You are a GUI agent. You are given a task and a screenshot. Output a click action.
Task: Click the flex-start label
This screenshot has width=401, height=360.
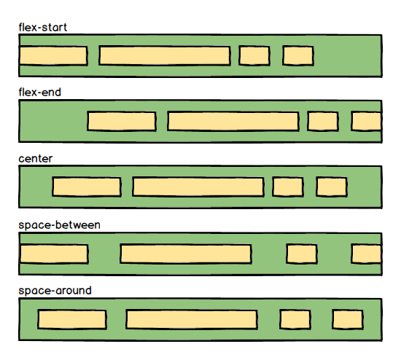pyautogui.click(x=43, y=28)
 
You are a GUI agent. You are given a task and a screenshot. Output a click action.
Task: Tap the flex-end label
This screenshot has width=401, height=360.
pyautogui.click(x=40, y=93)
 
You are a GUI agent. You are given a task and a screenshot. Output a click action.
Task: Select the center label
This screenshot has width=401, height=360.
pyautogui.click(x=36, y=159)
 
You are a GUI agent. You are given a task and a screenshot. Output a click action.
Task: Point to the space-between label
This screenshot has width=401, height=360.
pyautogui.click(x=59, y=225)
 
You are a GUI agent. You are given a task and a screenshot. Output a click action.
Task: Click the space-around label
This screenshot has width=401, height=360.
pyautogui.click(x=55, y=291)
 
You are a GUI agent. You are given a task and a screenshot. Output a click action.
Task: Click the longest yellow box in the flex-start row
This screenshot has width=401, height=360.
pyautogui.click(x=165, y=55)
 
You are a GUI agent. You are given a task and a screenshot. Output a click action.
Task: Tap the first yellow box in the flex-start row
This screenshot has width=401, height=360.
pyautogui.click(x=53, y=55)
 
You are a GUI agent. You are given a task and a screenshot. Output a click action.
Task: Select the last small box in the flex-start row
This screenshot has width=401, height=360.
pyautogui.click(x=298, y=55)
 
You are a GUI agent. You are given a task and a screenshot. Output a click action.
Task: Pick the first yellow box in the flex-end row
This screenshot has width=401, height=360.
pyautogui.click(x=122, y=122)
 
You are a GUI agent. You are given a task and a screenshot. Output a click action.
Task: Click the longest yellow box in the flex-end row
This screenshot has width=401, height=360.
pyautogui.click(x=233, y=122)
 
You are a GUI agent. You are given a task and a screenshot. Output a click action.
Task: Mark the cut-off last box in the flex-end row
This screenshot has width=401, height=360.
pyautogui.click(x=367, y=122)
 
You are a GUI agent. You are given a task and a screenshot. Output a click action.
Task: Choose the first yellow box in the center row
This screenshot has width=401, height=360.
pyautogui.click(x=87, y=187)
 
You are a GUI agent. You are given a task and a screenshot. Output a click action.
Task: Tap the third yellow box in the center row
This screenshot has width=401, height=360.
pyautogui.click(x=288, y=187)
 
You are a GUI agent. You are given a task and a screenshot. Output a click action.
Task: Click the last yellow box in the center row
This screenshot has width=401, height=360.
pyautogui.click(x=332, y=187)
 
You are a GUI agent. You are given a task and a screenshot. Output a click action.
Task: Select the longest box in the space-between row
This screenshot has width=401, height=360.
pyautogui.click(x=186, y=254)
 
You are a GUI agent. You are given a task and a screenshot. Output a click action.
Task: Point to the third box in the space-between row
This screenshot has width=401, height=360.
pyautogui.click(x=302, y=254)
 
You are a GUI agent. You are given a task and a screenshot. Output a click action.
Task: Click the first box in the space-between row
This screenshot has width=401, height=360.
pyautogui.click(x=54, y=254)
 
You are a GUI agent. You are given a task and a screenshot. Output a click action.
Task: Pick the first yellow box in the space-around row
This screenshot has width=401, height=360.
pyautogui.click(x=72, y=320)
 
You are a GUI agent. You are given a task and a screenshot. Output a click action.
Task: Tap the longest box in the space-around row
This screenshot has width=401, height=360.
pyautogui.click(x=192, y=320)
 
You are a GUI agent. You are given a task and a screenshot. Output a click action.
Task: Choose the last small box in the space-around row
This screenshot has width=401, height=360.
pyautogui.click(x=348, y=320)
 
